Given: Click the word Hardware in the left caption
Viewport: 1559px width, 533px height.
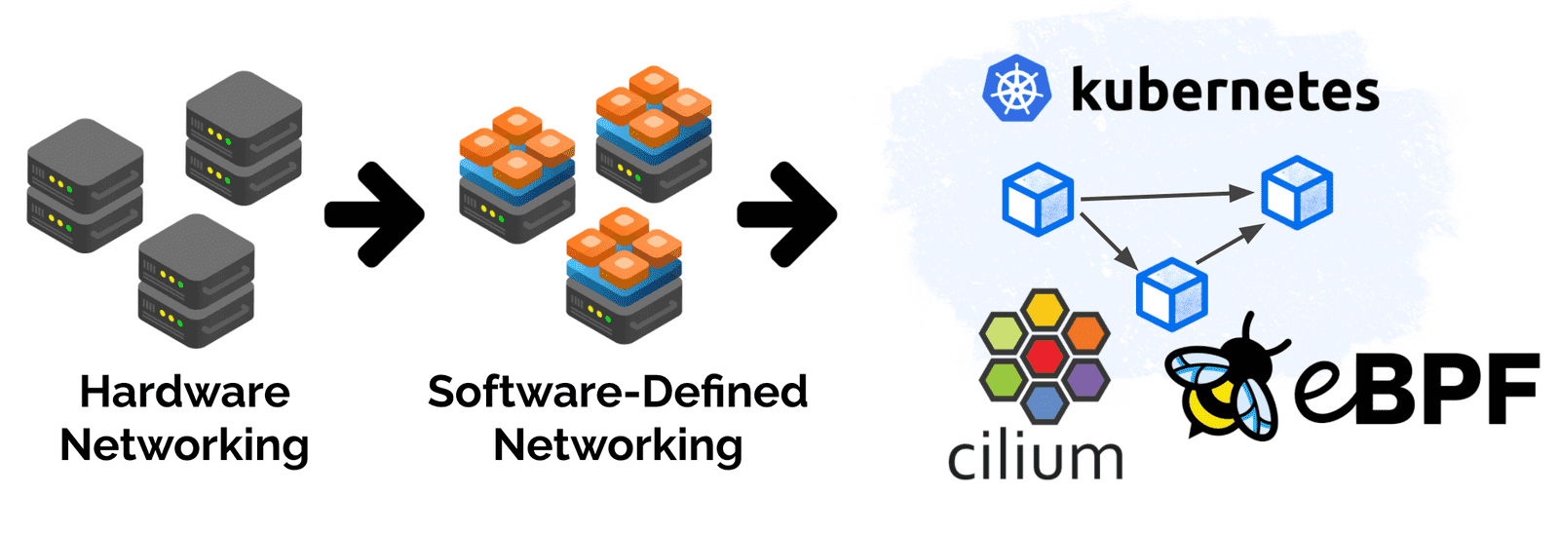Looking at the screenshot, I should (184, 392).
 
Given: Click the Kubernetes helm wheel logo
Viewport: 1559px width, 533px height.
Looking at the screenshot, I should (1016, 88).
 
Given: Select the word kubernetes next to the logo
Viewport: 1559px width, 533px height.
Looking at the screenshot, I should (1225, 91).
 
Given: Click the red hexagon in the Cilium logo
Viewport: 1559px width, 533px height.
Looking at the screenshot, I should (1045, 355).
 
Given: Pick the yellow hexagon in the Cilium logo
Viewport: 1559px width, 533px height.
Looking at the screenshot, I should (1045, 311).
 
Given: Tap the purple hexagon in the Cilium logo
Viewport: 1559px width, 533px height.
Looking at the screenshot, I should (1084, 377).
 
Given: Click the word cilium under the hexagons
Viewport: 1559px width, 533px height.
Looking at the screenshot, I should (1035, 458).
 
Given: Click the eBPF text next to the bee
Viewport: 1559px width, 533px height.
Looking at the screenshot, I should (1418, 390).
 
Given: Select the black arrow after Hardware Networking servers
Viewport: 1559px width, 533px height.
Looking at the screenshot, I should (374, 213).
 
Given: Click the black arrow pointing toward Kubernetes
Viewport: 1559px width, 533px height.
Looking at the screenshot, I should (786, 213).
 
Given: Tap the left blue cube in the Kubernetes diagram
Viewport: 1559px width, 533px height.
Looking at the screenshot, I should (1038, 199).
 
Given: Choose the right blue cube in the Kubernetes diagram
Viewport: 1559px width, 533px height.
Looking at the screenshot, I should (1297, 192).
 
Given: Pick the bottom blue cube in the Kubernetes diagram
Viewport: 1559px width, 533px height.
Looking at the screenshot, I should (1171, 293).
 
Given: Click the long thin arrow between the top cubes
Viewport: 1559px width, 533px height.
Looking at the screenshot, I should (1166, 196).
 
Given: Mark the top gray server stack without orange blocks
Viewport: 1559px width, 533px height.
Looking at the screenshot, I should (244, 136).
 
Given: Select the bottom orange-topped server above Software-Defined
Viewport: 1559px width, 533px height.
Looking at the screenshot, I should (624, 278).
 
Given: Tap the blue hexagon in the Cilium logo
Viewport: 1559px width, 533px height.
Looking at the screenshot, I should (1045, 400).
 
